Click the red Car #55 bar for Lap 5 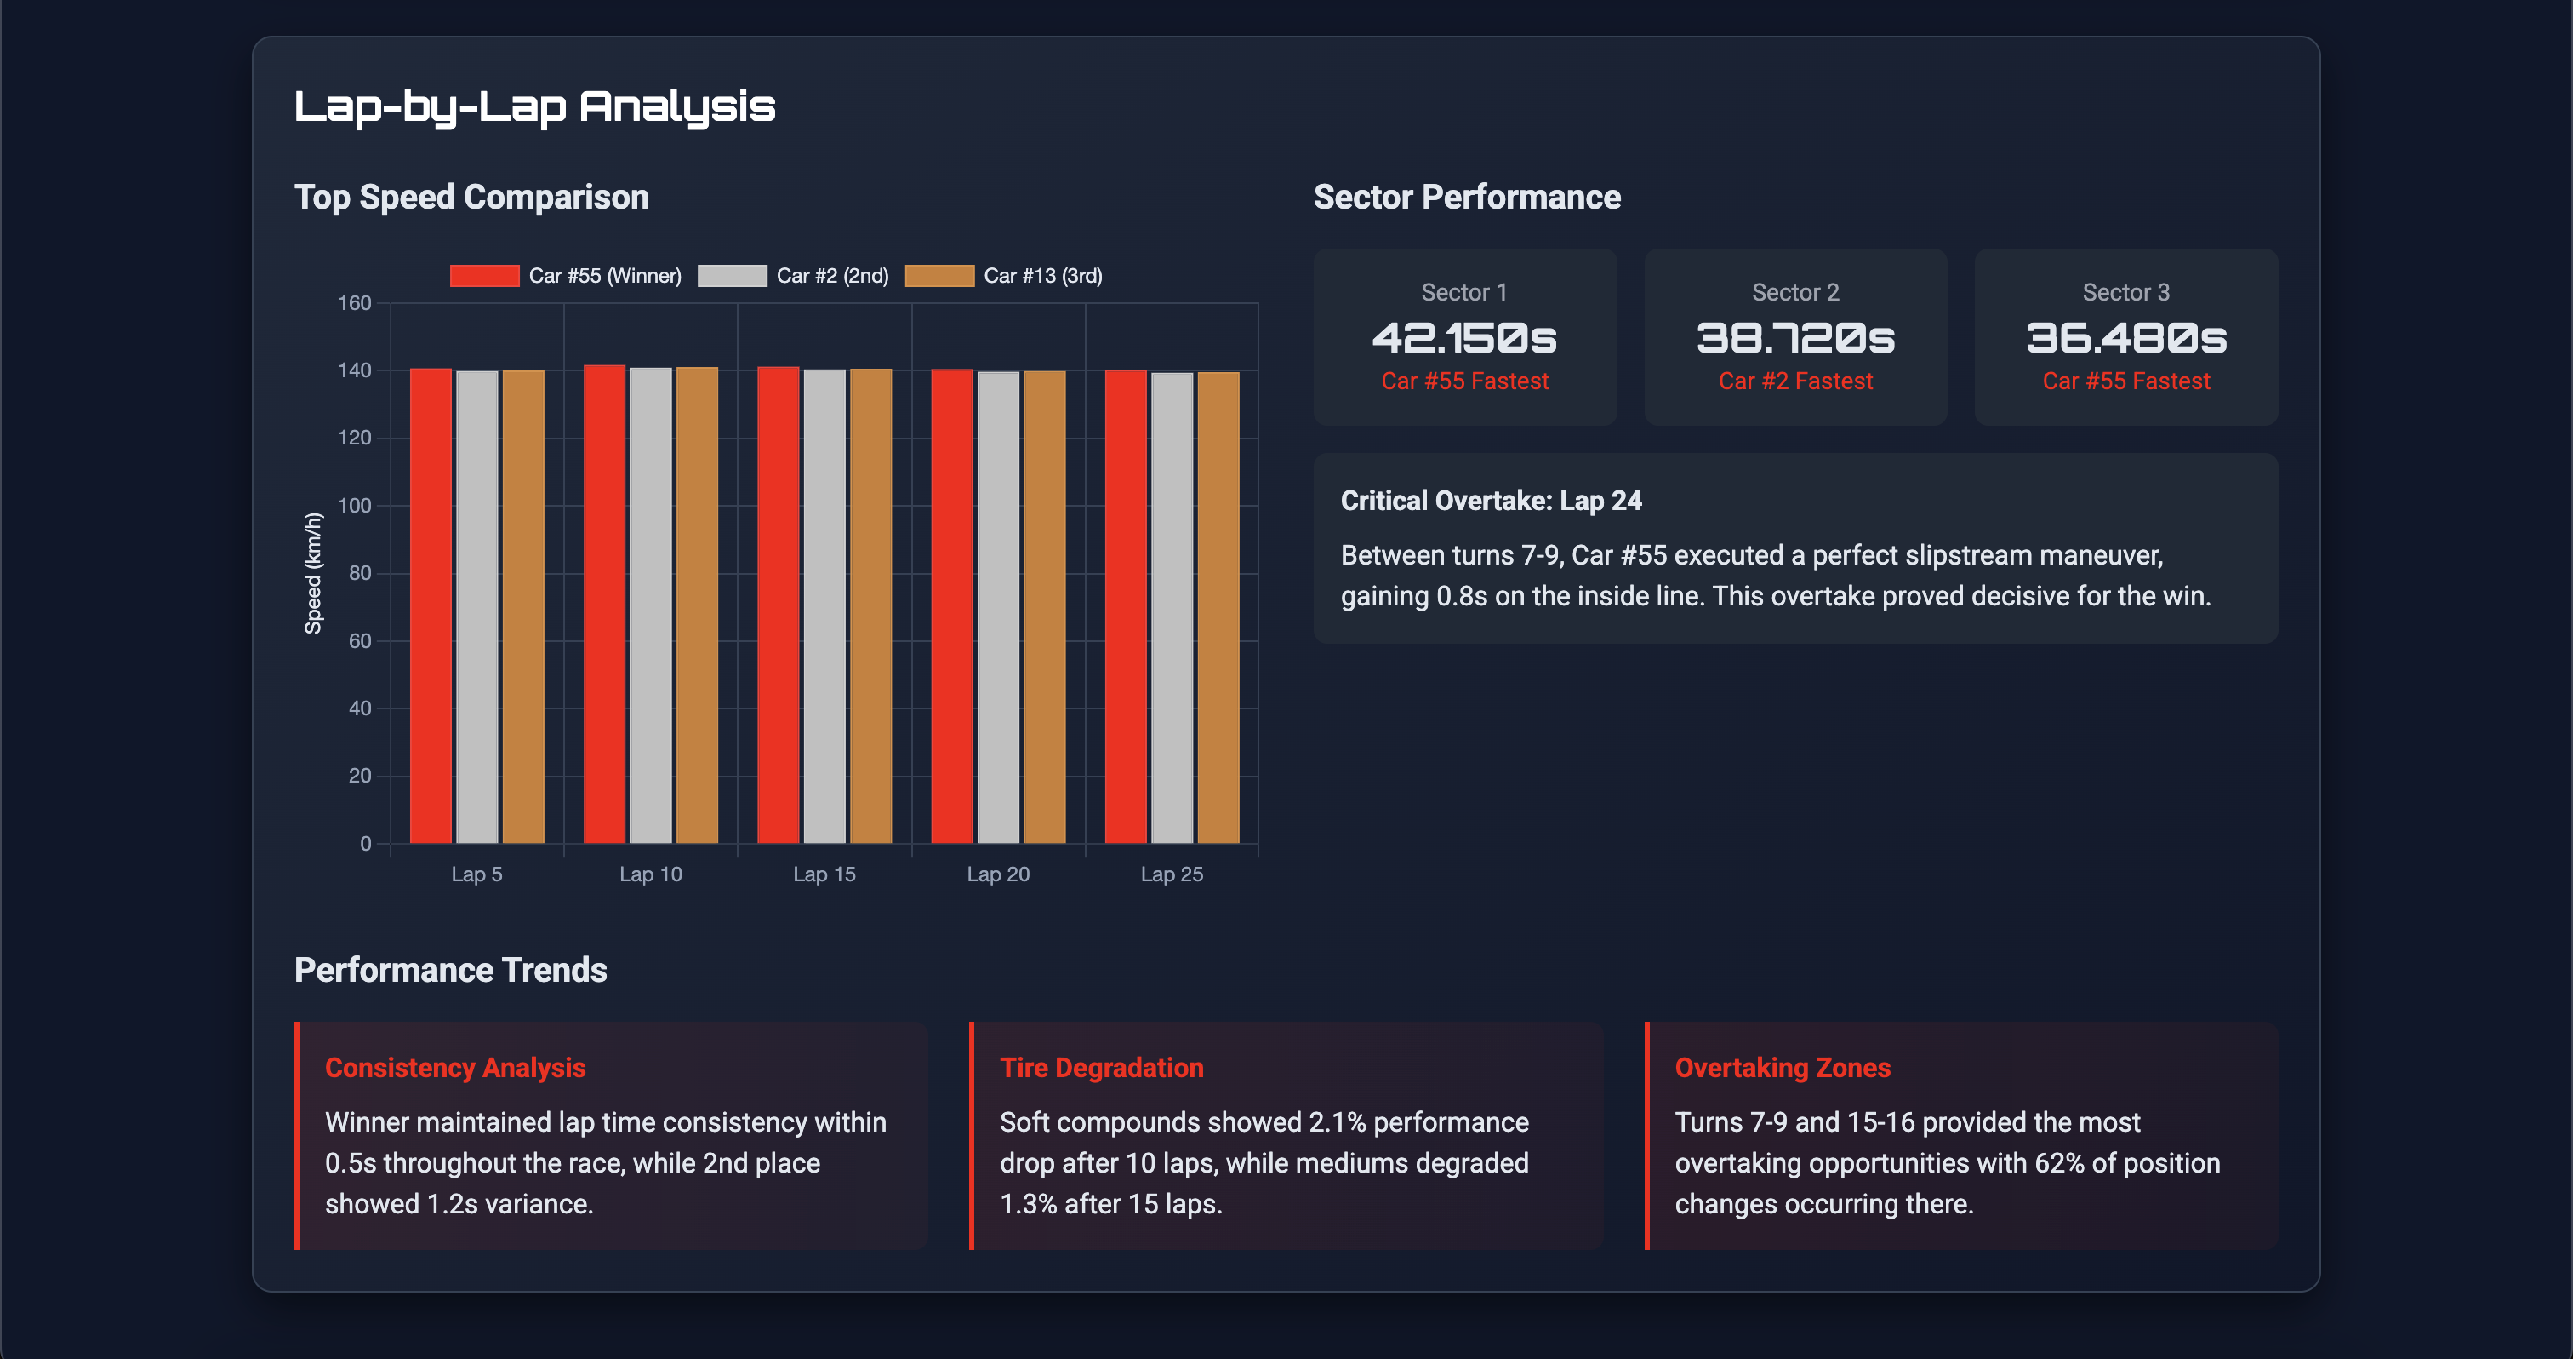pyautogui.click(x=431, y=605)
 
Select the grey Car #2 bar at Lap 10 pyautogui.click(x=650, y=605)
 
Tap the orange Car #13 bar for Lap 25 pyautogui.click(x=1218, y=608)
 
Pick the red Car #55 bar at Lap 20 pyautogui.click(x=952, y=605)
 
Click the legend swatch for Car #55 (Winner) pyautogui.click(x=484, y=276)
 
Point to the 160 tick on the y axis pyautogui.click(x=355, y=303)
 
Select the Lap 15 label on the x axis pyautogui.click(x=824, y=874)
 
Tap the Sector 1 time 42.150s pyautogui.click(x=1464, y=338)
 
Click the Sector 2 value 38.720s pyautogui.click(x=1795, y=338)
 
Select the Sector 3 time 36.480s pyautogui.click(x=2125, y=338)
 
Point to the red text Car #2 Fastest pyautogui.click(x=1795, y=381)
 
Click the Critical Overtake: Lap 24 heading pyautogui.click(x=1490, y=501)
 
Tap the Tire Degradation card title pyautogui.click(x=1101, y=1067)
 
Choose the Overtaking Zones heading pyautogui.click(x=1782, y=1067)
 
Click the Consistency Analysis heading pyautogui.click(x=454, y=1067)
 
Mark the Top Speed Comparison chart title pyautogui.click(x=471, y=197)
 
